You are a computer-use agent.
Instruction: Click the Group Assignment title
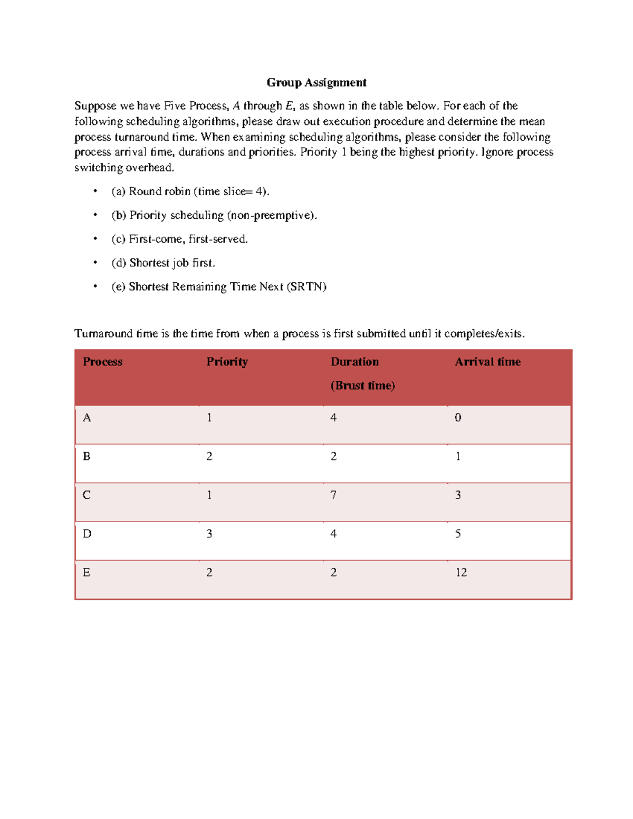pos(316,82)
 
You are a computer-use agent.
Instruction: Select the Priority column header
pos(227,362)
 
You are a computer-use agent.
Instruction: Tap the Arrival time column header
pos(487,362)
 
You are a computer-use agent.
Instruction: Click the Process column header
pos(102,362)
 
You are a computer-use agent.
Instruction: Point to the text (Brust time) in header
pos(362,386)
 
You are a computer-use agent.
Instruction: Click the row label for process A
pos(87,418)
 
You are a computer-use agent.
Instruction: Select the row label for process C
pos(87,495)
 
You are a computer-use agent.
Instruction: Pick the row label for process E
pos(87,573)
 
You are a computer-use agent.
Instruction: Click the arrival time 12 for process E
pos(461,573)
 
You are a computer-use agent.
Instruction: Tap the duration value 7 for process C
pos(333,495)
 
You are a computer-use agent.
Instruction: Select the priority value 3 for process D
pos(209,534)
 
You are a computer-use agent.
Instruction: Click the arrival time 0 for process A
pos(458,418)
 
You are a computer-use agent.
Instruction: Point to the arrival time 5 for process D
pos(458,534)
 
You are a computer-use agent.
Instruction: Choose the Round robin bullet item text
pos(190,191)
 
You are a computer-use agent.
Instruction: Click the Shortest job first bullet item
pos(164,263)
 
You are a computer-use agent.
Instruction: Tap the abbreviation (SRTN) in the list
pos(306,287)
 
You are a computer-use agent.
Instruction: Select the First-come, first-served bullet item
pos(179,239)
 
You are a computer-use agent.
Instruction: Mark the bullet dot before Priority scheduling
pos(95,215)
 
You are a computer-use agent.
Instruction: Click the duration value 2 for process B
pos(333,457)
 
